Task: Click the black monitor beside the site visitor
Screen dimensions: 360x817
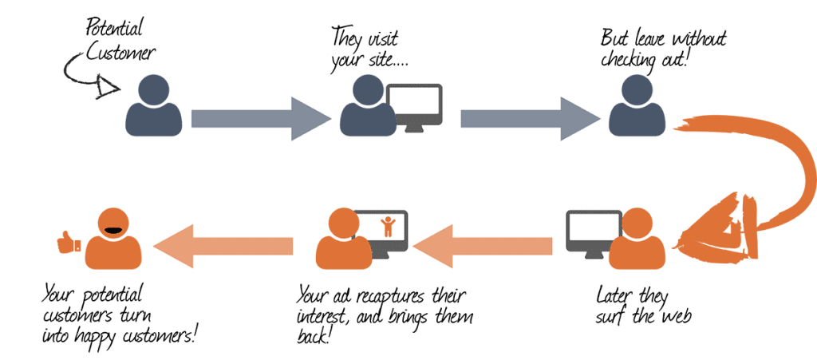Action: click(415, 105)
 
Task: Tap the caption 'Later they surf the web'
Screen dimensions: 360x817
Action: click(643, 306)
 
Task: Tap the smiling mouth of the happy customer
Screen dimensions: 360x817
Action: click(113, 230)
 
